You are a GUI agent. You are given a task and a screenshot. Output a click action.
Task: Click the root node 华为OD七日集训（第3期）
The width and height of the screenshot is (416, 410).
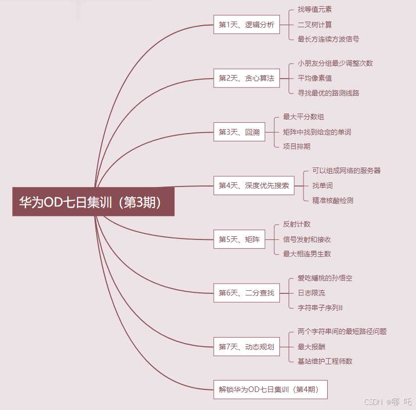click(93, 201)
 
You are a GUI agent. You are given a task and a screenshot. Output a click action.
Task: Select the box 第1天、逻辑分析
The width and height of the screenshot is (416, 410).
click(247, 25)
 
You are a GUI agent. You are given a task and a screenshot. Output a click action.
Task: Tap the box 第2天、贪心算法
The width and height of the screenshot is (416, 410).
click(247, 78)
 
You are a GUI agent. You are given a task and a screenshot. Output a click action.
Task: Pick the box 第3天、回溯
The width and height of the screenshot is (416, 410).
click(239, 132)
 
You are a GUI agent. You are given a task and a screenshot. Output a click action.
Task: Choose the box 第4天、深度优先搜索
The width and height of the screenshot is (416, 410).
click(254, 185)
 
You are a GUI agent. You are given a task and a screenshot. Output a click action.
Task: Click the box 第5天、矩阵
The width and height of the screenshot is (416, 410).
click(239, 239)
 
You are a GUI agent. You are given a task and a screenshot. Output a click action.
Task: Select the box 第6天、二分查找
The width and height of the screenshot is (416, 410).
click(247, 293)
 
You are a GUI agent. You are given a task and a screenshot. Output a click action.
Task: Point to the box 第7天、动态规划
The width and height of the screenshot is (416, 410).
click(247, 347)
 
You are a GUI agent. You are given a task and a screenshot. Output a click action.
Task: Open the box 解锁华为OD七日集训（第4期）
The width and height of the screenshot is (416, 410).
click(270, 389)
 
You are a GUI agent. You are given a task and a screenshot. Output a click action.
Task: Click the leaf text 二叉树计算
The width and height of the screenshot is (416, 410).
click(315, 25)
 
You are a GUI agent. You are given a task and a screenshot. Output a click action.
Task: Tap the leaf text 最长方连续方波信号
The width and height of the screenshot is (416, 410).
click(328, 39)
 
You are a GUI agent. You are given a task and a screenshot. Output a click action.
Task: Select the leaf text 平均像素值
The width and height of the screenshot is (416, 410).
click(315, 78)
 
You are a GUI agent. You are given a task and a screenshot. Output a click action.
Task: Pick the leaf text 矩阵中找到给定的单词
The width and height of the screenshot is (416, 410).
click(317, 132)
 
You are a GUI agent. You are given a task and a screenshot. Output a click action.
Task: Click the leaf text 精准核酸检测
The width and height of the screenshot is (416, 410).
click(333, 200)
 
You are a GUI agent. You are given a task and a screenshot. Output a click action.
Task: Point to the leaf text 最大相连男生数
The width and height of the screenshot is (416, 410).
click(307, 254)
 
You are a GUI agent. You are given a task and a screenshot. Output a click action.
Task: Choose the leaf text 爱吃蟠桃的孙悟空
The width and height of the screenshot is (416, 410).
click(325, 278)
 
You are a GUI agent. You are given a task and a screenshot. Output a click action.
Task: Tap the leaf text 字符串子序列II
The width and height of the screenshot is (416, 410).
click(320, 308)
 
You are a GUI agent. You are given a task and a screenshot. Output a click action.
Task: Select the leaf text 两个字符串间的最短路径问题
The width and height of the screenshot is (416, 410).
click(342, 332)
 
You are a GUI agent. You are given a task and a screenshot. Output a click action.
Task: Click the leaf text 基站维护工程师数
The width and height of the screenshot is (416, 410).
click(325, 361)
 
